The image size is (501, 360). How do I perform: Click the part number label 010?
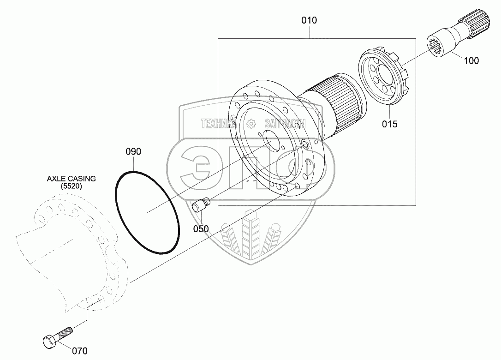click(x=309, y=20)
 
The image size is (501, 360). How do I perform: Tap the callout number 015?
click(x=389, y=124)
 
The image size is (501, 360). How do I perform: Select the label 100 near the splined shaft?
click(x=471, y=60)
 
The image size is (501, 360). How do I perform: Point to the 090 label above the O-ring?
click(x=133, y=151)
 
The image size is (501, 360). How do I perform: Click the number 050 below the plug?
click(x=201, y=229)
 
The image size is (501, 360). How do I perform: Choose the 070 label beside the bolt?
click(x=79, y=351)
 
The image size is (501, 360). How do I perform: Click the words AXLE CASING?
click(x=71, y=179)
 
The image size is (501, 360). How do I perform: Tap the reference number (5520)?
click(x=71, y=186)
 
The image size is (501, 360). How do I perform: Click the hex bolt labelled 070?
click(x=57, y=337)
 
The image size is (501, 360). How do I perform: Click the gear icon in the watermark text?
click(x=251, y=123)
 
